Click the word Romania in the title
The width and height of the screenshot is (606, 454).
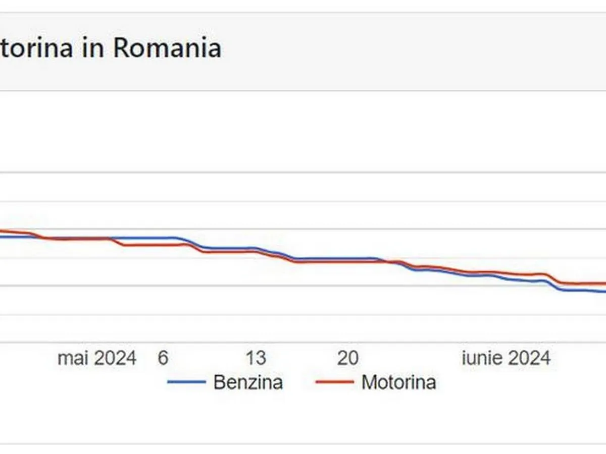(x=167, y=48)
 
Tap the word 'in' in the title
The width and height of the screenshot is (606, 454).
(x=92, y=48)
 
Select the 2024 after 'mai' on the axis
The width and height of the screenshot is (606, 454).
(x=115, y=358)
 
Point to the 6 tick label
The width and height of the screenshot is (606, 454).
(x=163, y=358)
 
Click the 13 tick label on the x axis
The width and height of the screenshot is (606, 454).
(x=256, y=358)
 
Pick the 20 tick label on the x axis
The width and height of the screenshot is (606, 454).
(x=348, y=358)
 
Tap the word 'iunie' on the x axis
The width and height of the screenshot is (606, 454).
(x=482, y=358)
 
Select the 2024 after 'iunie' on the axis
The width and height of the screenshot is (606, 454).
(x=528, y=358)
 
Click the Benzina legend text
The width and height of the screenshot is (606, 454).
(x=248, y=382)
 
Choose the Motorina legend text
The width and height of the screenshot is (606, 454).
(x=398, y=382)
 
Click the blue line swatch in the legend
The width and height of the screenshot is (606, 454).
(x=186, y=382)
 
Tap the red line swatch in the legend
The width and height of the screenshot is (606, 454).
(x=334, y=382)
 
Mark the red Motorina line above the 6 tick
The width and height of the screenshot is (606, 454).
(x=163, y=245)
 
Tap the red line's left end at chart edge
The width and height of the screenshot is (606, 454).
(x=2, y=231)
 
